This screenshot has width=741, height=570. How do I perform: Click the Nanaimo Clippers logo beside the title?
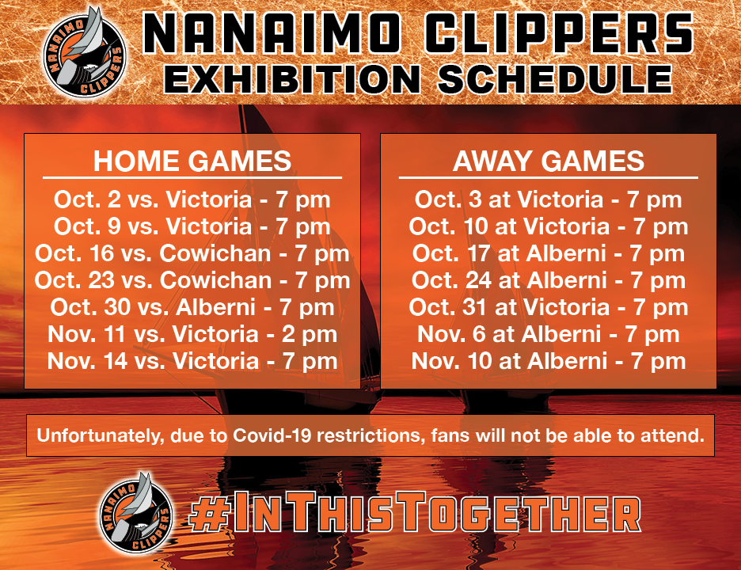(84, 53)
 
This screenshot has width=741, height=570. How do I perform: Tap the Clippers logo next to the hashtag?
(136, 513)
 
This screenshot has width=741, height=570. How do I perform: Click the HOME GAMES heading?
(192, 161)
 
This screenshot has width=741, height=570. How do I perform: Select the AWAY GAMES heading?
(548, 161)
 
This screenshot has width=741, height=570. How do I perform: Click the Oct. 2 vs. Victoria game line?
(192, 200)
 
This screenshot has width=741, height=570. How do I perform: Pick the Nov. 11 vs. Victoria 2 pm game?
(192, 335)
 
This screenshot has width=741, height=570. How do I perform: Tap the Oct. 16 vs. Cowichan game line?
(192, 254)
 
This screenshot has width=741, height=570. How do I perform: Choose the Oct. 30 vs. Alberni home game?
(192, 308)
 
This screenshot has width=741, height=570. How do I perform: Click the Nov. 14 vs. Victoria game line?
(192, 362)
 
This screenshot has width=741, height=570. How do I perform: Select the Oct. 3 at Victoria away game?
(548, 200)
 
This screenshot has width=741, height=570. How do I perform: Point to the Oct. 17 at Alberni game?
(548, 254)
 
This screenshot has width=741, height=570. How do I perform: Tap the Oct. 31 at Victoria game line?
(548, 308)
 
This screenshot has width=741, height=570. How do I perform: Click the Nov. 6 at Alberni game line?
(548, 335)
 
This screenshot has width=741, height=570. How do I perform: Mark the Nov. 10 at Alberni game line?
(548, 362)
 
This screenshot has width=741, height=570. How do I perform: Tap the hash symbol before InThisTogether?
(209, 515)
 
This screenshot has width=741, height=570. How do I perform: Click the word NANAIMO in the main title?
(272, 33)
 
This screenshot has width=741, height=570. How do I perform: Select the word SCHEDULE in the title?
(555, 79)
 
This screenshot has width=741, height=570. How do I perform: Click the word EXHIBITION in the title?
(292, 79)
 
